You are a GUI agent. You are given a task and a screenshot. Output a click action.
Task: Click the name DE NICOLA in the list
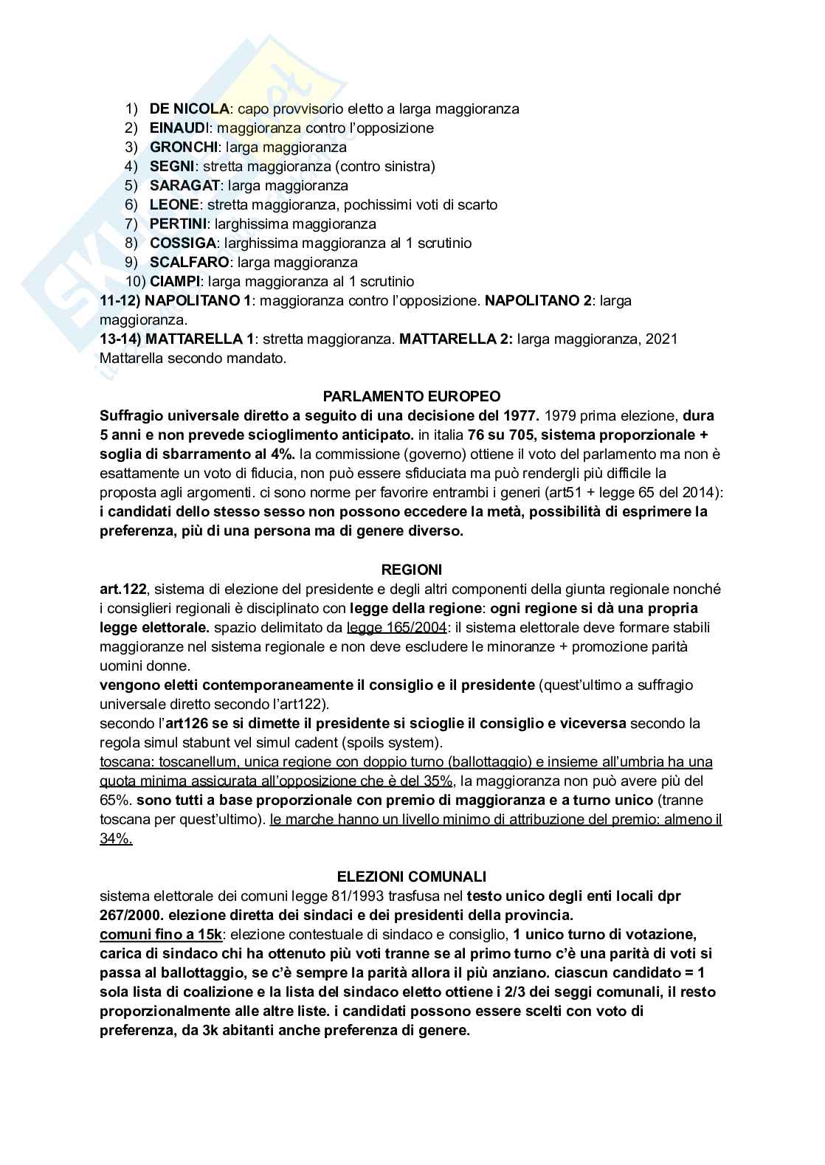(189, 109)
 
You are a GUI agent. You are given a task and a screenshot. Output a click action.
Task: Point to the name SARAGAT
(184, 186)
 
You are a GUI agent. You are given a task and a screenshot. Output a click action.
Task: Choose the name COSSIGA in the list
(183, 243)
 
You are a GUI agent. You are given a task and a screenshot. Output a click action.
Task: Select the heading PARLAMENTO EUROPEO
(412, 396)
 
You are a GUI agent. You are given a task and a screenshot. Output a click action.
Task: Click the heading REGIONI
(412, 570)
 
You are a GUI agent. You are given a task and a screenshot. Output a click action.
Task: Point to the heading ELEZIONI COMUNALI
(412, 877)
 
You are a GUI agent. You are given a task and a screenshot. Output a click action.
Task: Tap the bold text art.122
(122, 589)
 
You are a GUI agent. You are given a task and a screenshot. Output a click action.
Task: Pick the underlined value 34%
(116, 839)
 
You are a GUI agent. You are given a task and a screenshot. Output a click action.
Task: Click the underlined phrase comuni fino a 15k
(161, 935)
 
